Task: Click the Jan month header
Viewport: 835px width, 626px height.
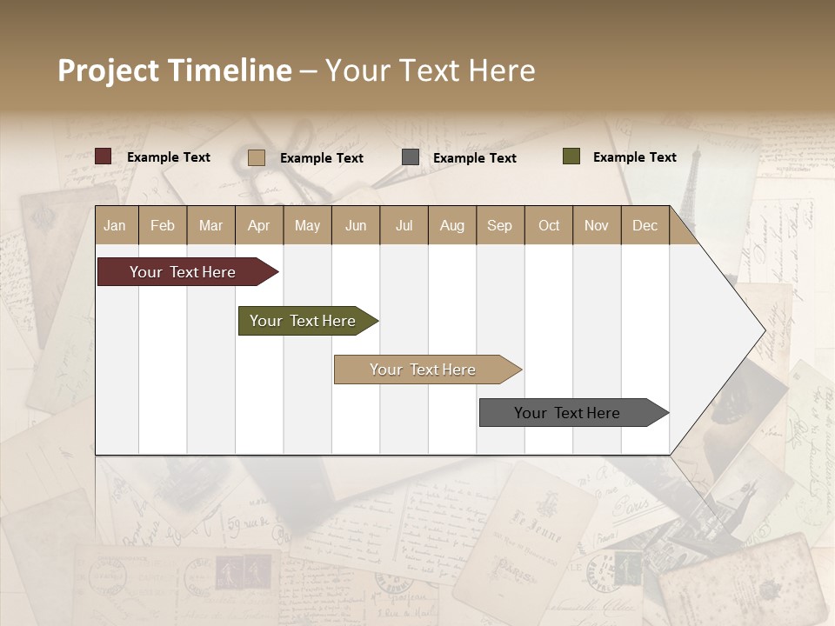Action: pos(115,225)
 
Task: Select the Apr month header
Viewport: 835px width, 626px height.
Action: pos(258,225)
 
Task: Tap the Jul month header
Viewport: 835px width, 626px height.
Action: pos(404,225)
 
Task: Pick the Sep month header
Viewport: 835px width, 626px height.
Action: pos(499,225)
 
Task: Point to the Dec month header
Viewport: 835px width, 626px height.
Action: pos(645,225)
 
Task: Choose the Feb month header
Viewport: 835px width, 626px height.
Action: pos(163,225)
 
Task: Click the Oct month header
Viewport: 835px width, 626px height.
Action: pos(549,225)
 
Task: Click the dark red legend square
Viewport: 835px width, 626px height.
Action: pos(104,156)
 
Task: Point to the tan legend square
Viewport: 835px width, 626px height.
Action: pos(257,157)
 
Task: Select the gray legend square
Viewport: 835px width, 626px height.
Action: pos(411,157)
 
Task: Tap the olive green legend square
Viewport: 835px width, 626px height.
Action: pos(571,156)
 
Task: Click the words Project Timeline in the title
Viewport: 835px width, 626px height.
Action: pos(174,70)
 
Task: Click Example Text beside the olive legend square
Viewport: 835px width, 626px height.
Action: pos(634,156)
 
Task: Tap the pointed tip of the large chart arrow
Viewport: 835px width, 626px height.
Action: pos(763,330)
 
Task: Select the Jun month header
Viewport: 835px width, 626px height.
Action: pos(356,225)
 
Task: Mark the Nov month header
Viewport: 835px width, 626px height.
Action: pos(596,225)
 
